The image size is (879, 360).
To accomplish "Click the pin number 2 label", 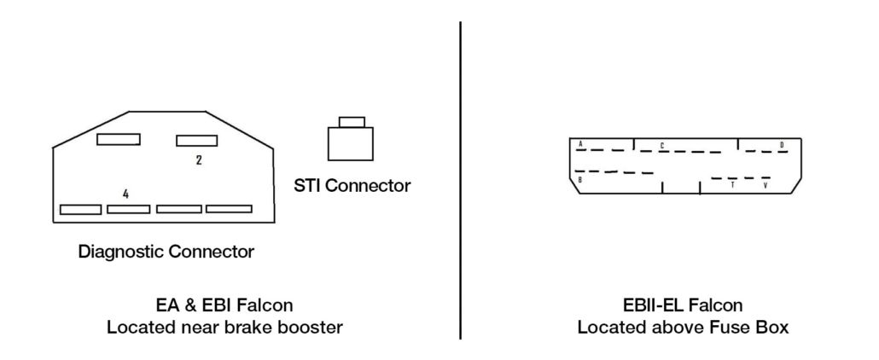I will [x=199, y=159].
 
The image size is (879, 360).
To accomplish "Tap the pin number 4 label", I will [x=125, y=195].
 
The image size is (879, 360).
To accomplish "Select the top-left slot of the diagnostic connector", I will [x=118, y=139].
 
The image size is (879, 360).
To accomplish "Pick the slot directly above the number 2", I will [x=198, y=140].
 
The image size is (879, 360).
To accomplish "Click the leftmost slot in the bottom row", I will [x=80, y=208].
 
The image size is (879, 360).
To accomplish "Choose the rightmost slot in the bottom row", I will [x=229, y=208].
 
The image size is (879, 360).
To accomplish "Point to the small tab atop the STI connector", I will [x=351, y=121].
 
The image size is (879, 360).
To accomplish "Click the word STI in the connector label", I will [x=308, y=185].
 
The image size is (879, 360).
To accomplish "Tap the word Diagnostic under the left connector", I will [x=121, y=252].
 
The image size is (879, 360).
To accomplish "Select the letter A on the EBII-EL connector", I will [x=580, y=145].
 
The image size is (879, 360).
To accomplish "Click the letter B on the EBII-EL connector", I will [x=579, y=180].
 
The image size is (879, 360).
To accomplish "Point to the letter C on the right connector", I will [x=662, y=145].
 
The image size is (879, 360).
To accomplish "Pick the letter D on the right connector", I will [x=782, y=145].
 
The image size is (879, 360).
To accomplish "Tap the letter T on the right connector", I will [x=732, y=184].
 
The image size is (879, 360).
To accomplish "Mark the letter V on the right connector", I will [x=765, y=184].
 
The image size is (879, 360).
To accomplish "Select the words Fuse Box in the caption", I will [x=758, y=327].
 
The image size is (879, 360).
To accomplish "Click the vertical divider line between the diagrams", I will [x=461, y=179].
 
